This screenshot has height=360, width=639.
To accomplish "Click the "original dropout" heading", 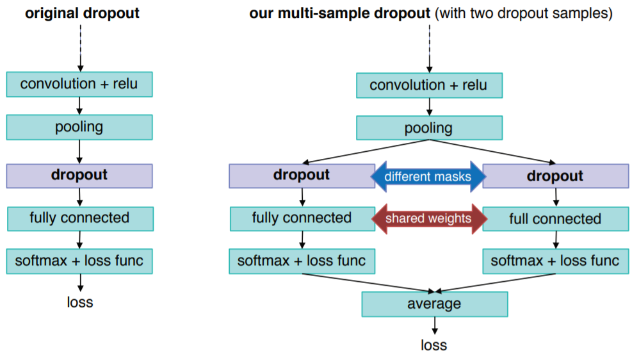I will [x=82, y=13].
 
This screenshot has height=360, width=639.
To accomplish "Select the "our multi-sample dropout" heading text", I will [x=340, y=13].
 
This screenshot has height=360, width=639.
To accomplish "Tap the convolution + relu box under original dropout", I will [x=79, y=84].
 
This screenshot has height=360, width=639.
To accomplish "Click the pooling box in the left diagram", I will [x=79, y=127].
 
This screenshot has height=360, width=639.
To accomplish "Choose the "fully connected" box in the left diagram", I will [x=79, y=218].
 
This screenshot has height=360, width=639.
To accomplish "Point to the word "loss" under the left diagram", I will [x=80, y=302].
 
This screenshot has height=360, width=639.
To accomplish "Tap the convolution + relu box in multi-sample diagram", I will [x=429, y=85].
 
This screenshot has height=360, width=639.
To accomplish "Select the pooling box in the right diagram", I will [x=429, y=128].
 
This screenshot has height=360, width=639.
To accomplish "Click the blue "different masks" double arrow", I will [x=428, y=177].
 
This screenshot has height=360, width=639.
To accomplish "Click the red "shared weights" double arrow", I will [x=428, y=219].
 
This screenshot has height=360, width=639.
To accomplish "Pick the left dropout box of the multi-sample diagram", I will [x=302, y=176].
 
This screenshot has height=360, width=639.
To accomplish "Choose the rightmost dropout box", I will [x=555, y=176].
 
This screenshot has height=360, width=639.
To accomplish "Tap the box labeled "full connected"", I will [x=555, y=219].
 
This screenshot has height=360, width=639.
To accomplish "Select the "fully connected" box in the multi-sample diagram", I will [x=302, y=218].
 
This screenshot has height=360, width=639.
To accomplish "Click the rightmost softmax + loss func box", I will [x=555, y=261].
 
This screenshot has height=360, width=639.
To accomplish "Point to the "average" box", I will [x=434, y=304].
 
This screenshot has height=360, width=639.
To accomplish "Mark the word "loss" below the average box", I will [x=434, y=345].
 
